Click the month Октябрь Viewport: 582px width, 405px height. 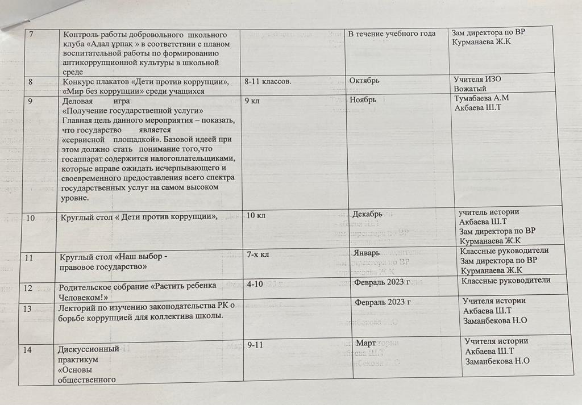coord(365,81)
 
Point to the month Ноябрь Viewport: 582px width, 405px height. coord(364,99)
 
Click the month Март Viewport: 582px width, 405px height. coord(365,344)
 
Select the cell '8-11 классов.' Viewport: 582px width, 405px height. coord(268,81)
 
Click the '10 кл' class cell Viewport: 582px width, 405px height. coord(255,215)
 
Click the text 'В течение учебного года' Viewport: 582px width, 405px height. coord(392,34)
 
